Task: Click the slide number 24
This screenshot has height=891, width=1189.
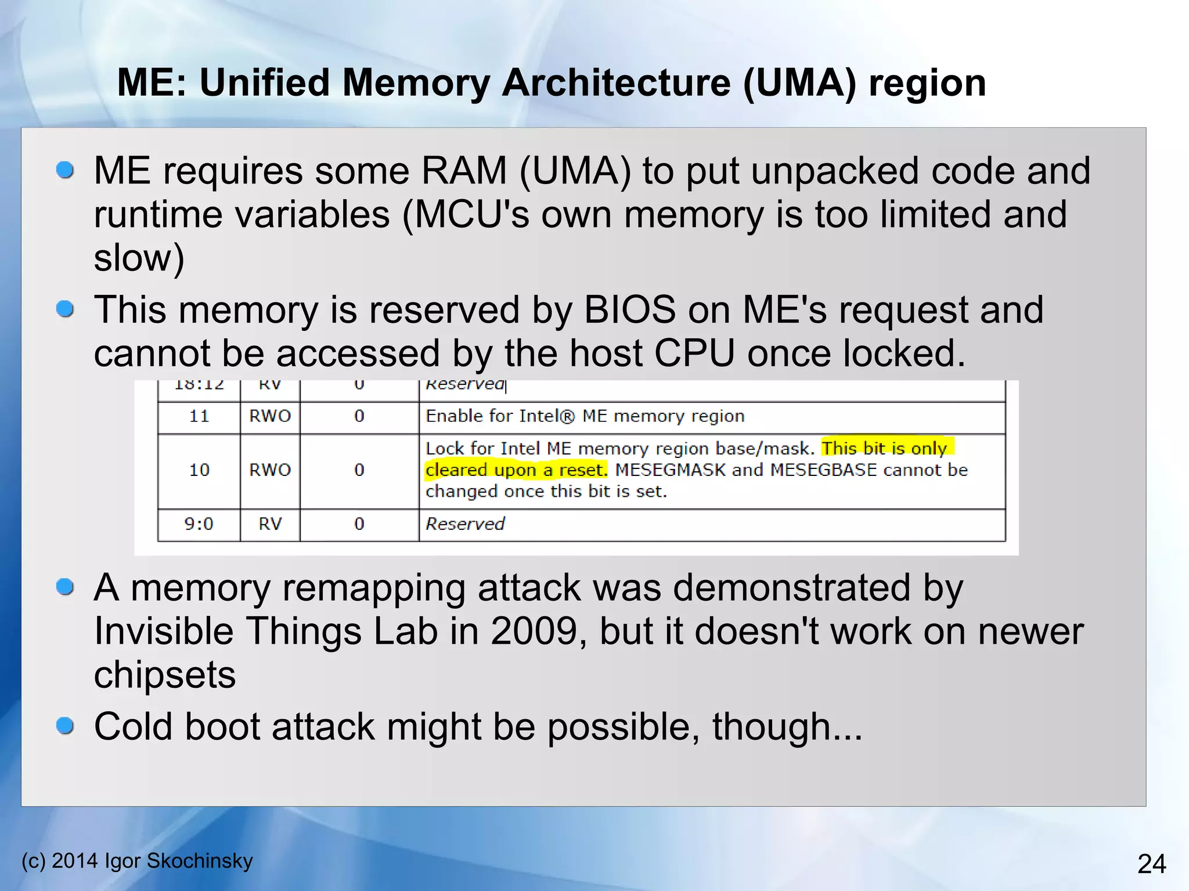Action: (x=1151, y=864)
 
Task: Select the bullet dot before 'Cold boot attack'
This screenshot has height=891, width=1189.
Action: (x=65, y=726)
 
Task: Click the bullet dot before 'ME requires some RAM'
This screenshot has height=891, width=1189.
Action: (x=65, y=170)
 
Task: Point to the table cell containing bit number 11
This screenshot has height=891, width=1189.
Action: (x=199, y=416)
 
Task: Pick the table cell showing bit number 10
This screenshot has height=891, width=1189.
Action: (x=199, y=470)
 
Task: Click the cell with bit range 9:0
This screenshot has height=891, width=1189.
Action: (x=199, y=524)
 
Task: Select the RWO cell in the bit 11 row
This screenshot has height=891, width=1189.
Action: (x=270, y=416)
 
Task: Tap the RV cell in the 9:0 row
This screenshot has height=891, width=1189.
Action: (x=270, y=524)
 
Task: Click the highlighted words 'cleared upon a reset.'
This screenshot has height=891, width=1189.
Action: (x=516, y=470)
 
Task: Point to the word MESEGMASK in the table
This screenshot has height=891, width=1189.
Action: (x=670, y=470)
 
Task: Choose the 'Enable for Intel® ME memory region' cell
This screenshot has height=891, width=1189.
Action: (x=585, y=416)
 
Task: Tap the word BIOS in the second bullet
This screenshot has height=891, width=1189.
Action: (x=629, y=309)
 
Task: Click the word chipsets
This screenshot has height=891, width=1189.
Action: (x=165, y=674)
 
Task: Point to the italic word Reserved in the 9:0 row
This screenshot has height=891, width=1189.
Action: (x=465, y=524)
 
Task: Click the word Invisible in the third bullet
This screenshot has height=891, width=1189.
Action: (x=163, y=631)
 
